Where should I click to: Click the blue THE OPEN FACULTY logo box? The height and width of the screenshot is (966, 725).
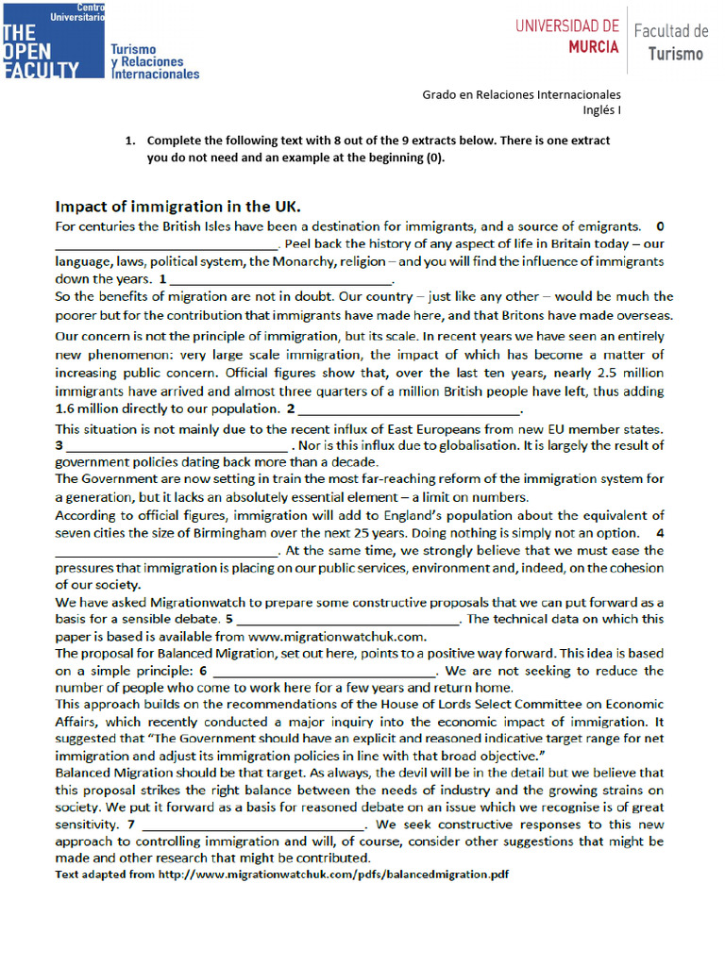coord(52,40)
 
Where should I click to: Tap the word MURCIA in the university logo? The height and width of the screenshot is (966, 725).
coord(593,46)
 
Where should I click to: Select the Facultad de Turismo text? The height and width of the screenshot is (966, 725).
coord(670,42)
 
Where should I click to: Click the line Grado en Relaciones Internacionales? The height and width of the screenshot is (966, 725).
coord(521,94)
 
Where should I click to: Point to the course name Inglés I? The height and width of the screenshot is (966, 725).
coord(601,109)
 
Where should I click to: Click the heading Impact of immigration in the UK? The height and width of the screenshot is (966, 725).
coord(177,207)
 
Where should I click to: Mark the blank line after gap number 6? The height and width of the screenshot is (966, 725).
coord(325,672)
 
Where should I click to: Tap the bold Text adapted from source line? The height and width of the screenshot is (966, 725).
coord(281,874)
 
